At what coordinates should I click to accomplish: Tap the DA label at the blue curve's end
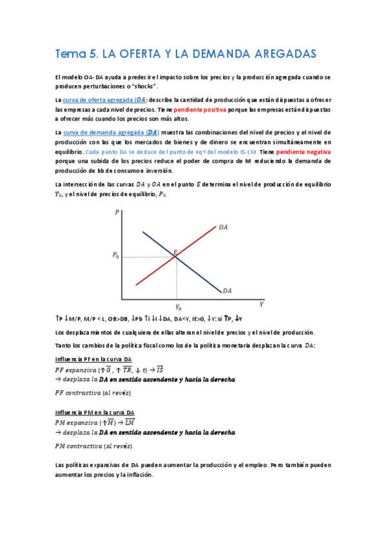coord(227,291)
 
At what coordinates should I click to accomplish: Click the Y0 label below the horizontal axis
coord(178,308)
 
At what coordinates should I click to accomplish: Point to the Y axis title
coord(261,303)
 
